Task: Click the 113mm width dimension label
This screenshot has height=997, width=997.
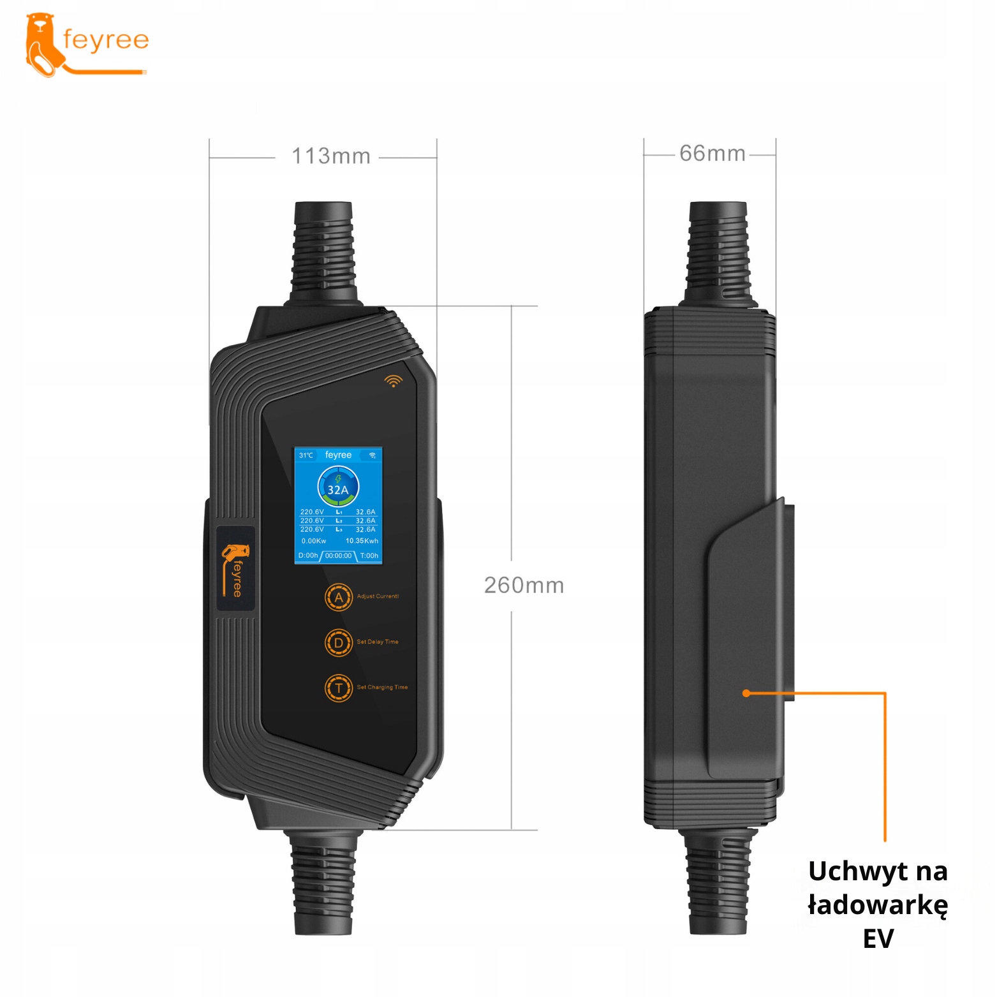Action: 330,156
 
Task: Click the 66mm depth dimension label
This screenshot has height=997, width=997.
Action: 712,154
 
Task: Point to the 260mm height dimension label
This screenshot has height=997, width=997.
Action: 524,586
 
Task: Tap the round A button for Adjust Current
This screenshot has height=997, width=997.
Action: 339,598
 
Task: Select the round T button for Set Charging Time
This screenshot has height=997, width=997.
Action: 339,688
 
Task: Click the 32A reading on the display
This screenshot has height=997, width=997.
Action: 338,489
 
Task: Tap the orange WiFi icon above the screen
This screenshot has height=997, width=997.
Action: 394,381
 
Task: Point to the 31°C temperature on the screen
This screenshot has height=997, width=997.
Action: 306,455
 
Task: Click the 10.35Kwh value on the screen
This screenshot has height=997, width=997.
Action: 362,541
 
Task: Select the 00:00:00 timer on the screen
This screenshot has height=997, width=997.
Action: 338,556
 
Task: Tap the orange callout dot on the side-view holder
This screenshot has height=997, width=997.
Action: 746,693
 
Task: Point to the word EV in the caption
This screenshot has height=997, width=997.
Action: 878,939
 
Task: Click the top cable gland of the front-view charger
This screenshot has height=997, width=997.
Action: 323,252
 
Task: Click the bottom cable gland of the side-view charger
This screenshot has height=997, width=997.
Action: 718,883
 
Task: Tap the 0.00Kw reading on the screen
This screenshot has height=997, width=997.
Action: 314,541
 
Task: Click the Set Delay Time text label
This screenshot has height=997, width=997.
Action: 378,642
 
